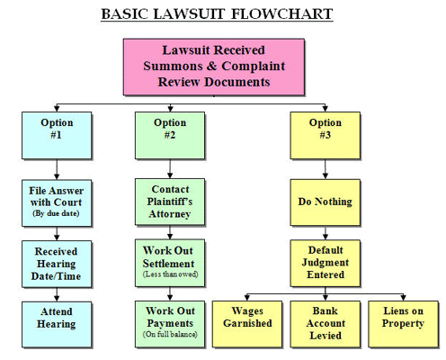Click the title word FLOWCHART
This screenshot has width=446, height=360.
[281, 14]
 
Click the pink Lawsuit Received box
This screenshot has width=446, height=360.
[214, 67]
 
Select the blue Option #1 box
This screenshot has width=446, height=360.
[57, 135]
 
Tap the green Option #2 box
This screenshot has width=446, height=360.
[170, 135]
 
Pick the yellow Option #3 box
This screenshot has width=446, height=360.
[326, 135]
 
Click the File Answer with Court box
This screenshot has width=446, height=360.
[57, 203]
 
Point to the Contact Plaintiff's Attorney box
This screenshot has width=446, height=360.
[170, 202]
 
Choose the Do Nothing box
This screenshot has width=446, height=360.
[326, 202]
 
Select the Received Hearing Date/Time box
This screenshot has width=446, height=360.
[57, 264]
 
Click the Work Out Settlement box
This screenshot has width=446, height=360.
[170, 263]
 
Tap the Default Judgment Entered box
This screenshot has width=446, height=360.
[326, 263]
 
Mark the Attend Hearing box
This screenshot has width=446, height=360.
[57, 325]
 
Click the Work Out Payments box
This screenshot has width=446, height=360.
[170, 324]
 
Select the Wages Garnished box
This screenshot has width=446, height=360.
[247, 324]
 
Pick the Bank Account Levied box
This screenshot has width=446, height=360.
[326, 324]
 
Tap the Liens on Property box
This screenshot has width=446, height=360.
[403, 324]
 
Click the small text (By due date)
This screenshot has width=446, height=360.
[56, 213]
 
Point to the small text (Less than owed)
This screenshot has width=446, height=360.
[170, 274]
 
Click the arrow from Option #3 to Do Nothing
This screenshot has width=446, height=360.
[326, 169]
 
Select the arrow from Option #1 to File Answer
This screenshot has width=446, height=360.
[57, 169]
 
